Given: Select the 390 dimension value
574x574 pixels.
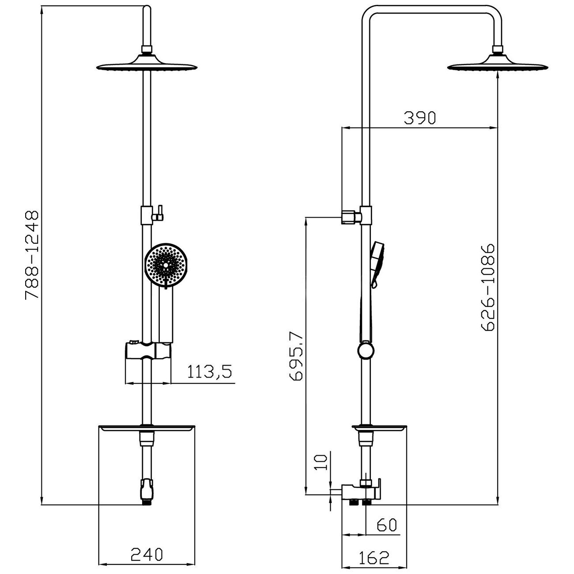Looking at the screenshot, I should [419, 117].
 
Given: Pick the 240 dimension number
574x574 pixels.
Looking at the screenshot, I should [147, 554].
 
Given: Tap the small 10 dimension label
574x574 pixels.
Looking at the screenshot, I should [322, 462].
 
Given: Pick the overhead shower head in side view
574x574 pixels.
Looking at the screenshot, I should [498, 64].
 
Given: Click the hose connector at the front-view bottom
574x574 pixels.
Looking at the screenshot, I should [146, 492].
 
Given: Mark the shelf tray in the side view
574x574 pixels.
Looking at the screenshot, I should [378, 428].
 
